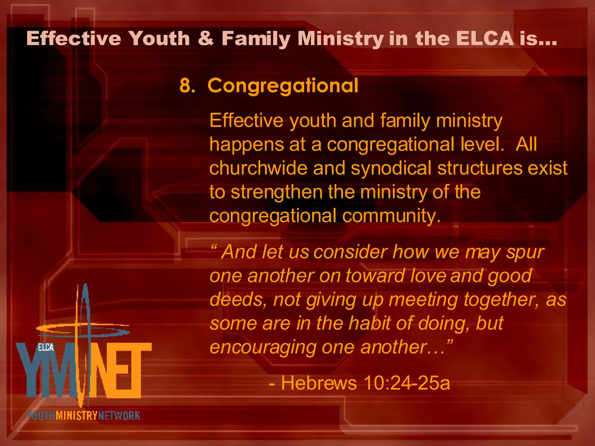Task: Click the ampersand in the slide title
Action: click(206, 39)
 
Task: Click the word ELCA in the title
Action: click(485, 39)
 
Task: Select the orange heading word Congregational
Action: click(283, 86)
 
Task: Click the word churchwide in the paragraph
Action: click(258, 168)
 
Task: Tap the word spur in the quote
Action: click(525, 252)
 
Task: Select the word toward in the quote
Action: click(375, 276)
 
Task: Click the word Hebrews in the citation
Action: click(319, 383)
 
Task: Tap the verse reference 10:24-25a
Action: click(407, 383)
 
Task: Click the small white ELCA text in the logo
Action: click(46, 347)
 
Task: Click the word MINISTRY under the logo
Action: click(76, 416)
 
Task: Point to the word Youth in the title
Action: click(159, 39)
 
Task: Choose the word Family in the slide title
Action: click(256, 39)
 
